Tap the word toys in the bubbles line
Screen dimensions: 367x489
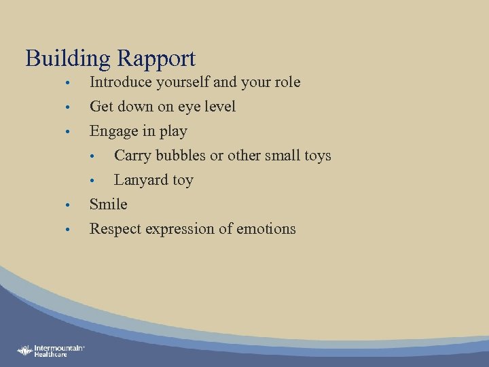coord(317,156)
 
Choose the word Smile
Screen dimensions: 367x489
coord(109,204)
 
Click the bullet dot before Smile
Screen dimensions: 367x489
coord(69,205)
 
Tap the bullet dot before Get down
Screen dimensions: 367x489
coord(69,107)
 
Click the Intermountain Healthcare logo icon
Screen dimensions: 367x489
coord(26,351)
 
